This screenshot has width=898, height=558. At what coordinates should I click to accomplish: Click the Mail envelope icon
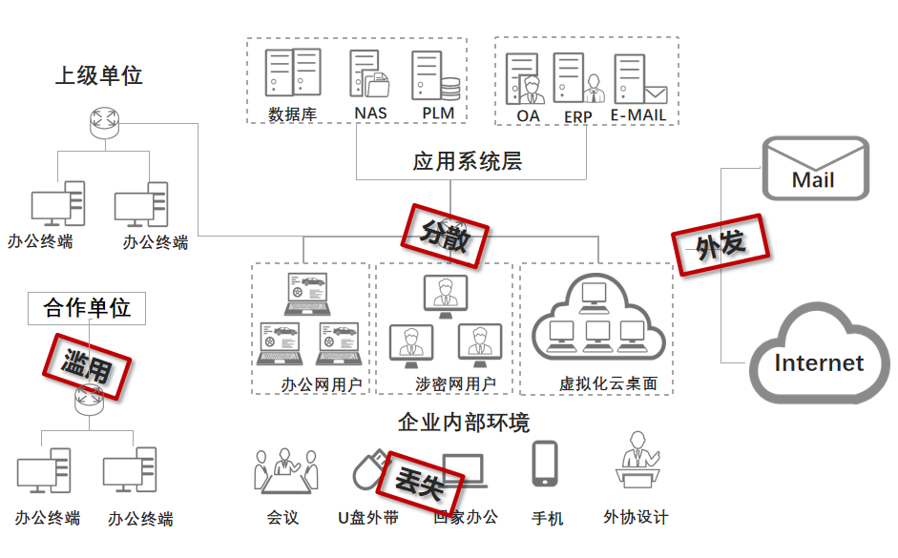click(x=814, y=168)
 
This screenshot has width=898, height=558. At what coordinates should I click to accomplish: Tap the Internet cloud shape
click(x=819, y=356)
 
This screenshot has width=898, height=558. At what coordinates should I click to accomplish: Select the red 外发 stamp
click(x=720, y=245)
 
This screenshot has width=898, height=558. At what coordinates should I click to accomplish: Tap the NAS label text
click(x=370, y=114)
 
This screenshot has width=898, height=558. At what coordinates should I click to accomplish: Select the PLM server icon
click(x=435, y=75)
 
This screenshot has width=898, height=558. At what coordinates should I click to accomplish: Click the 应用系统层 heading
click(x=467, y=161)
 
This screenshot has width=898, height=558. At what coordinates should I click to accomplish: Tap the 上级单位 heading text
click(x=98, y=75)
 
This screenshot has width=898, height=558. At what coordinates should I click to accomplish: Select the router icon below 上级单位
click(x=100, y=120)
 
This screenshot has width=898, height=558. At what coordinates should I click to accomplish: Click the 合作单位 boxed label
click(x=87, y=308)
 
